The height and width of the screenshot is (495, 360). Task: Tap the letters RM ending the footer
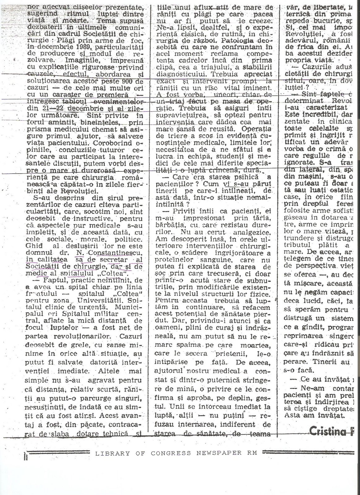click(253, 453)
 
